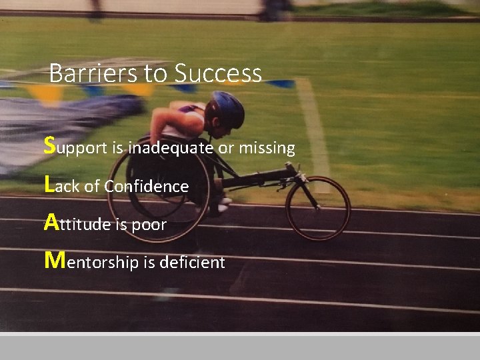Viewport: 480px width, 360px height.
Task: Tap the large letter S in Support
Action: [x=49, y=145]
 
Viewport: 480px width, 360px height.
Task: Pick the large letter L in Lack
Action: [x=48, y=183]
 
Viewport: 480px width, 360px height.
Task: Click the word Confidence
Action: [x=146, y=186]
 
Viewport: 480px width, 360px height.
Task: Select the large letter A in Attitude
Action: [x=51, y=221]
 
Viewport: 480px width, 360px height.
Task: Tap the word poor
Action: [x=149, y=225]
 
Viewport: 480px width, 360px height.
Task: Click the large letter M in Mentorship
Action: [x=54, y=259]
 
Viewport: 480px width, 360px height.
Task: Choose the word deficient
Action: [x=193, y=263]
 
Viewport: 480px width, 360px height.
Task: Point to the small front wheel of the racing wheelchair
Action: [x=318, y=207]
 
